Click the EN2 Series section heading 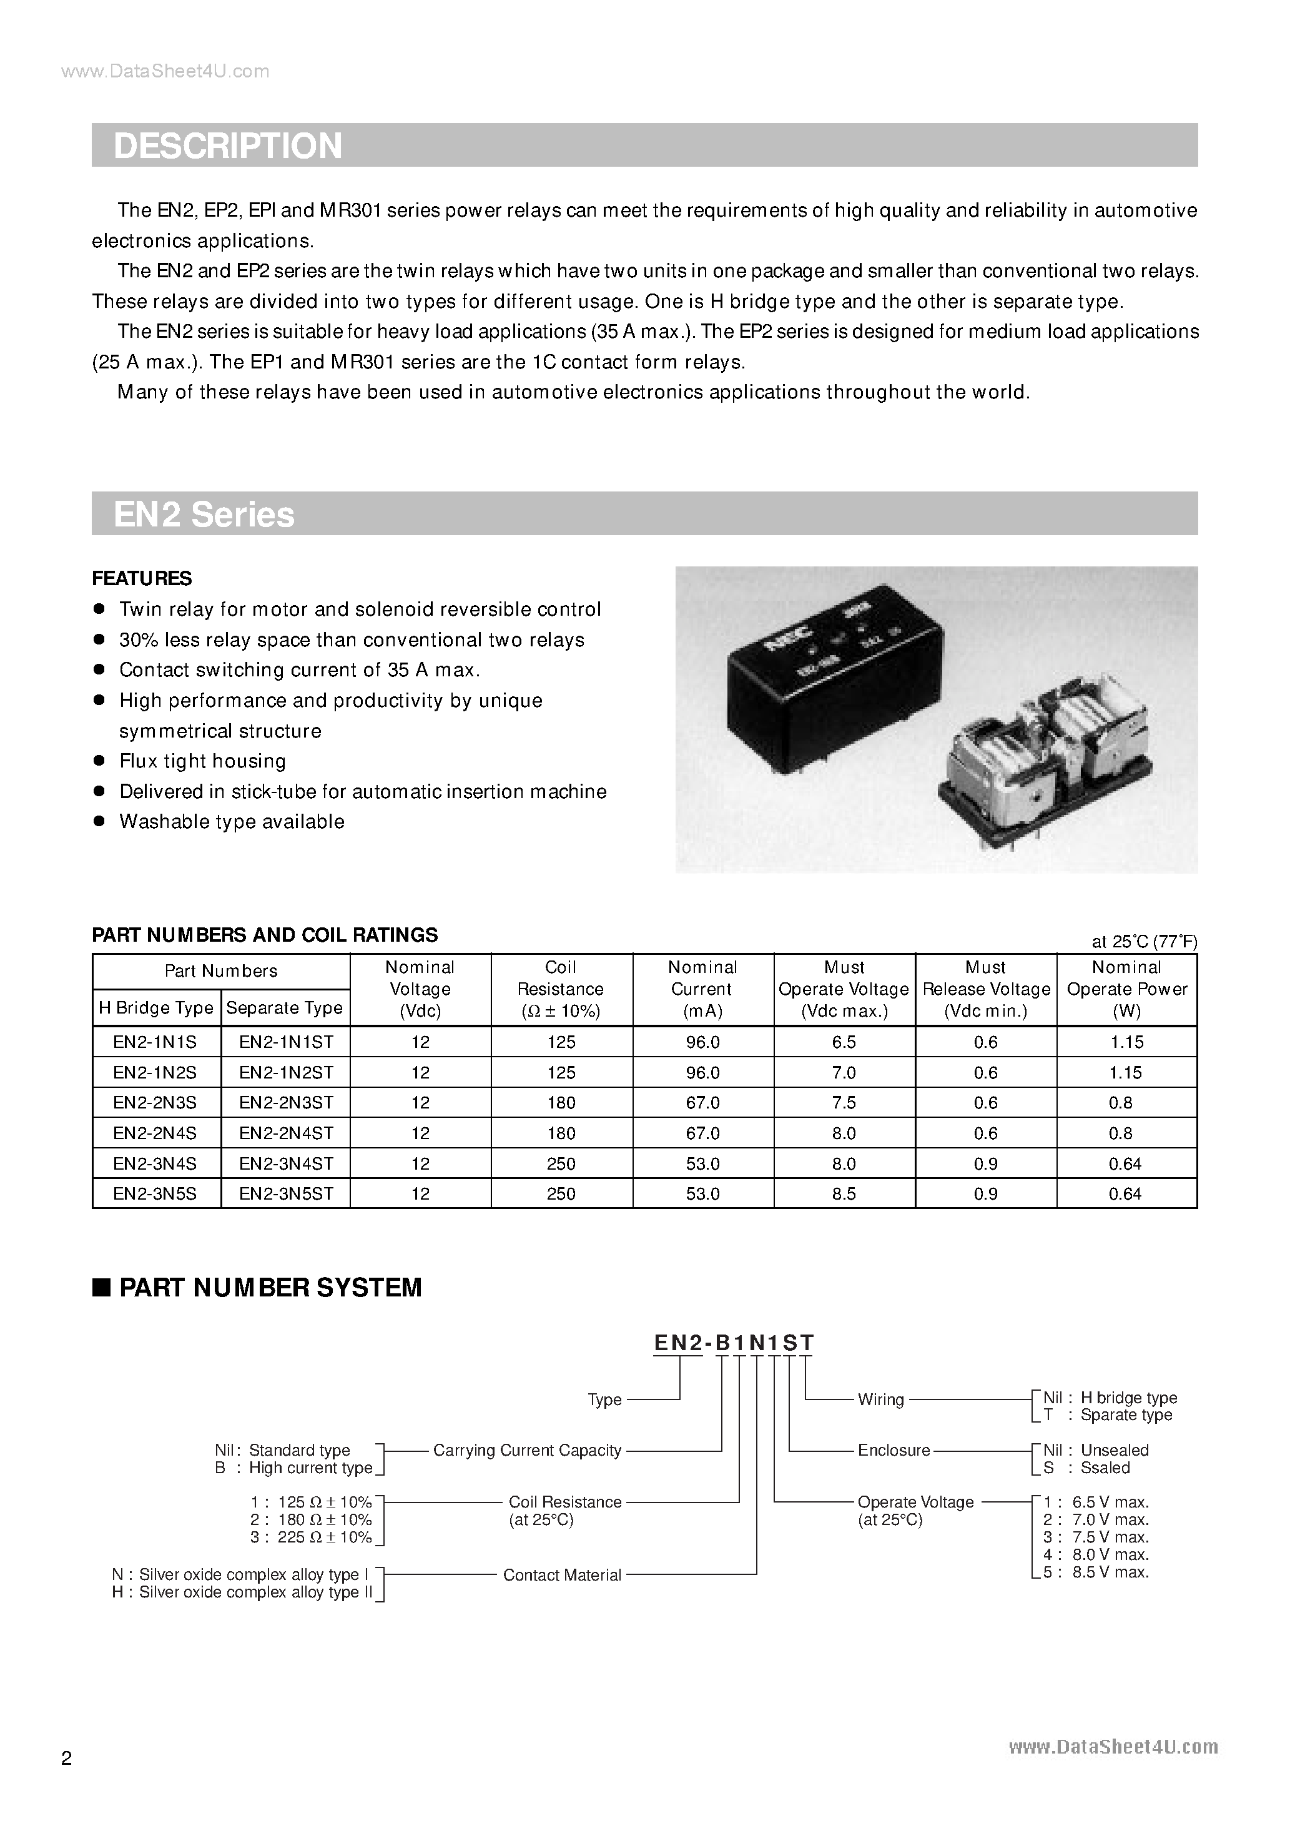(204, 515)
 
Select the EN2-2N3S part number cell (155, 1102)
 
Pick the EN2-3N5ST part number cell (285, 1193)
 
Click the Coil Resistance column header (561, 989)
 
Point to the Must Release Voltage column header (985, 989)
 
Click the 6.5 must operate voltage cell (844, 1042)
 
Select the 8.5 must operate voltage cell (844, 1193)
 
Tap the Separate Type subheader (284, 1008)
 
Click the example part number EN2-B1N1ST (733, 1343)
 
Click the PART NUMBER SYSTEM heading (270, 1288)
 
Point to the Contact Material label (561, 1575)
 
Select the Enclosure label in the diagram (893, 1450)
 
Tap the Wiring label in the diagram (880, 1399)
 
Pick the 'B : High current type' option (293, 1468)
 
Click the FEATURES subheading (142, 578)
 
